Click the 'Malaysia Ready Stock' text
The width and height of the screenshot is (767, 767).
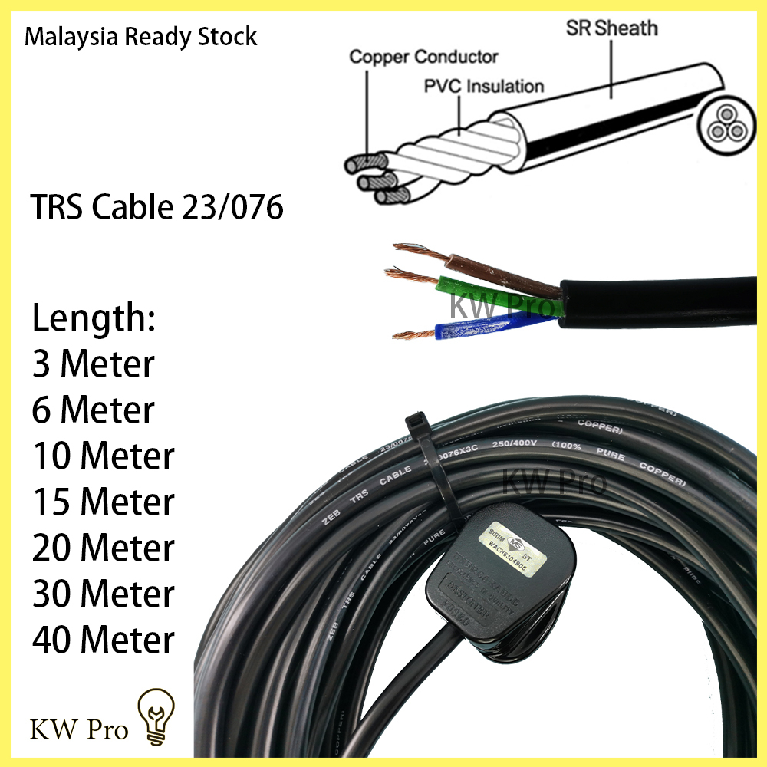[140, 37]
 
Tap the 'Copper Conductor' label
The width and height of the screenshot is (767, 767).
[423, 58]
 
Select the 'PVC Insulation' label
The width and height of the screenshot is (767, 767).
[484, 86]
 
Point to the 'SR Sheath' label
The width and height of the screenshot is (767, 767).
[611, 28]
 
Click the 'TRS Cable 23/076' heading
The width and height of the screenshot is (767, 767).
[157, 208]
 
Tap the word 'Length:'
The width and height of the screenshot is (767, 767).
[94, 318]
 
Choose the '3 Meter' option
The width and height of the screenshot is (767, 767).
[93, 364]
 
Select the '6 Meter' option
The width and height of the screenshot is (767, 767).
[93, 410]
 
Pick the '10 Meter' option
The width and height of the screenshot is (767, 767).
[103, 456]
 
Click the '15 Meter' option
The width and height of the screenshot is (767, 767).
[103, 502]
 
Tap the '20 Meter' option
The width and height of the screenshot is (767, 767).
[103, 548]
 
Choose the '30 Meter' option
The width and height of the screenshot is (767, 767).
[103, 594]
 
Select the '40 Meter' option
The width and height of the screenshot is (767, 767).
[103, 640]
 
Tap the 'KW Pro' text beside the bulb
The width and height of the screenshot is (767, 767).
[79, 729]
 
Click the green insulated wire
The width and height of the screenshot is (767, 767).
[499, 300]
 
